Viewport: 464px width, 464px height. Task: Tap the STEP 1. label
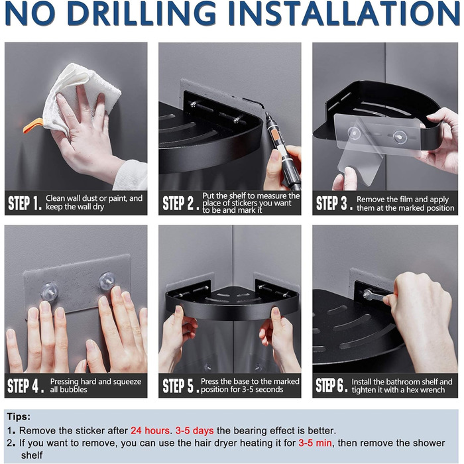(x=25, y=203)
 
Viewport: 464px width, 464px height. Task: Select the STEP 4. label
(x=26, y=386)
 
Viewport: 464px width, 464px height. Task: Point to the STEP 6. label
(x=331, y=386)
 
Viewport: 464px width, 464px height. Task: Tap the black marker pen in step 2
(x=282, y=149)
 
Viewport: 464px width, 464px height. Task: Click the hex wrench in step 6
(x=377, y=296)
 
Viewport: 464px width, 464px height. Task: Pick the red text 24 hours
(x=150, y=430)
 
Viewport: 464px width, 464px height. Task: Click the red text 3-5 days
(x=194, y=430)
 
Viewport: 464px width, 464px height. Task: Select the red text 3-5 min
(x=315, y=443)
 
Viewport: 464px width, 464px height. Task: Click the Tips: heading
(x=19, y=417)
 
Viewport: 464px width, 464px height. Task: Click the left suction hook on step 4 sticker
(x=50, y=291)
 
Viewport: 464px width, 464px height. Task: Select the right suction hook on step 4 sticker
(x=107, y=281)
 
